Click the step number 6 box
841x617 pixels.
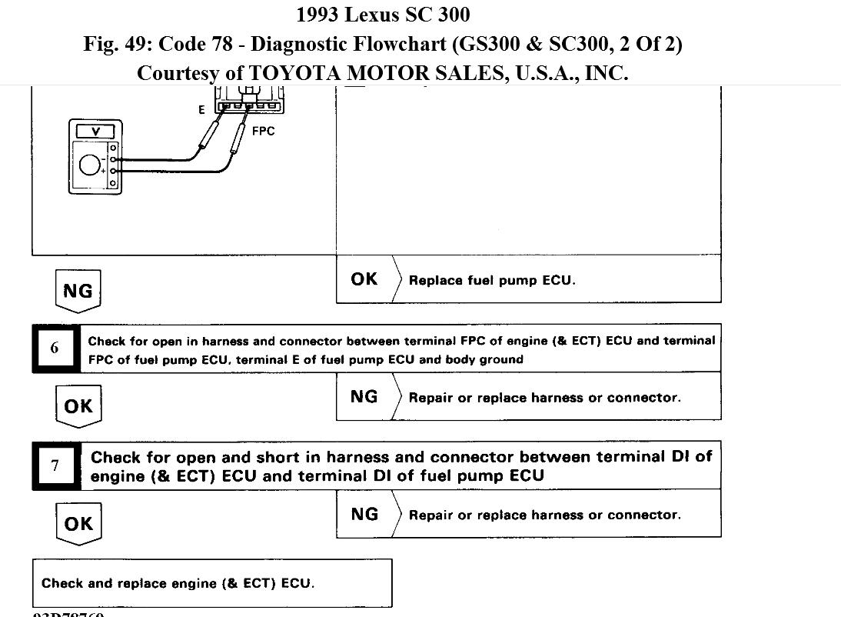pos(55,348)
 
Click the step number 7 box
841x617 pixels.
pos(55,465)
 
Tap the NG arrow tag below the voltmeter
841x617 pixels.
pos(78,291)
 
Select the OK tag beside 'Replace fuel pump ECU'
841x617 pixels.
pos(364,279)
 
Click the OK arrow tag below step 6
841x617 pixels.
pos(78,406)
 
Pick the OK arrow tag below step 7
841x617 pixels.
pos(78,524)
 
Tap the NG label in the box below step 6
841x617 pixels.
pos(364,396)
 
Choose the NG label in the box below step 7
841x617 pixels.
pos(364,514)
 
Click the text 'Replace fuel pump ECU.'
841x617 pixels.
pos(492,280)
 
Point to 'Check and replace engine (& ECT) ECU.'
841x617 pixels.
pos(178,583)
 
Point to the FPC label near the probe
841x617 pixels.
pos(263,131)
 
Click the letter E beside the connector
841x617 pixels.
pos(201,110)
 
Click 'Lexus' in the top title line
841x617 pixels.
pos(371,14)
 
